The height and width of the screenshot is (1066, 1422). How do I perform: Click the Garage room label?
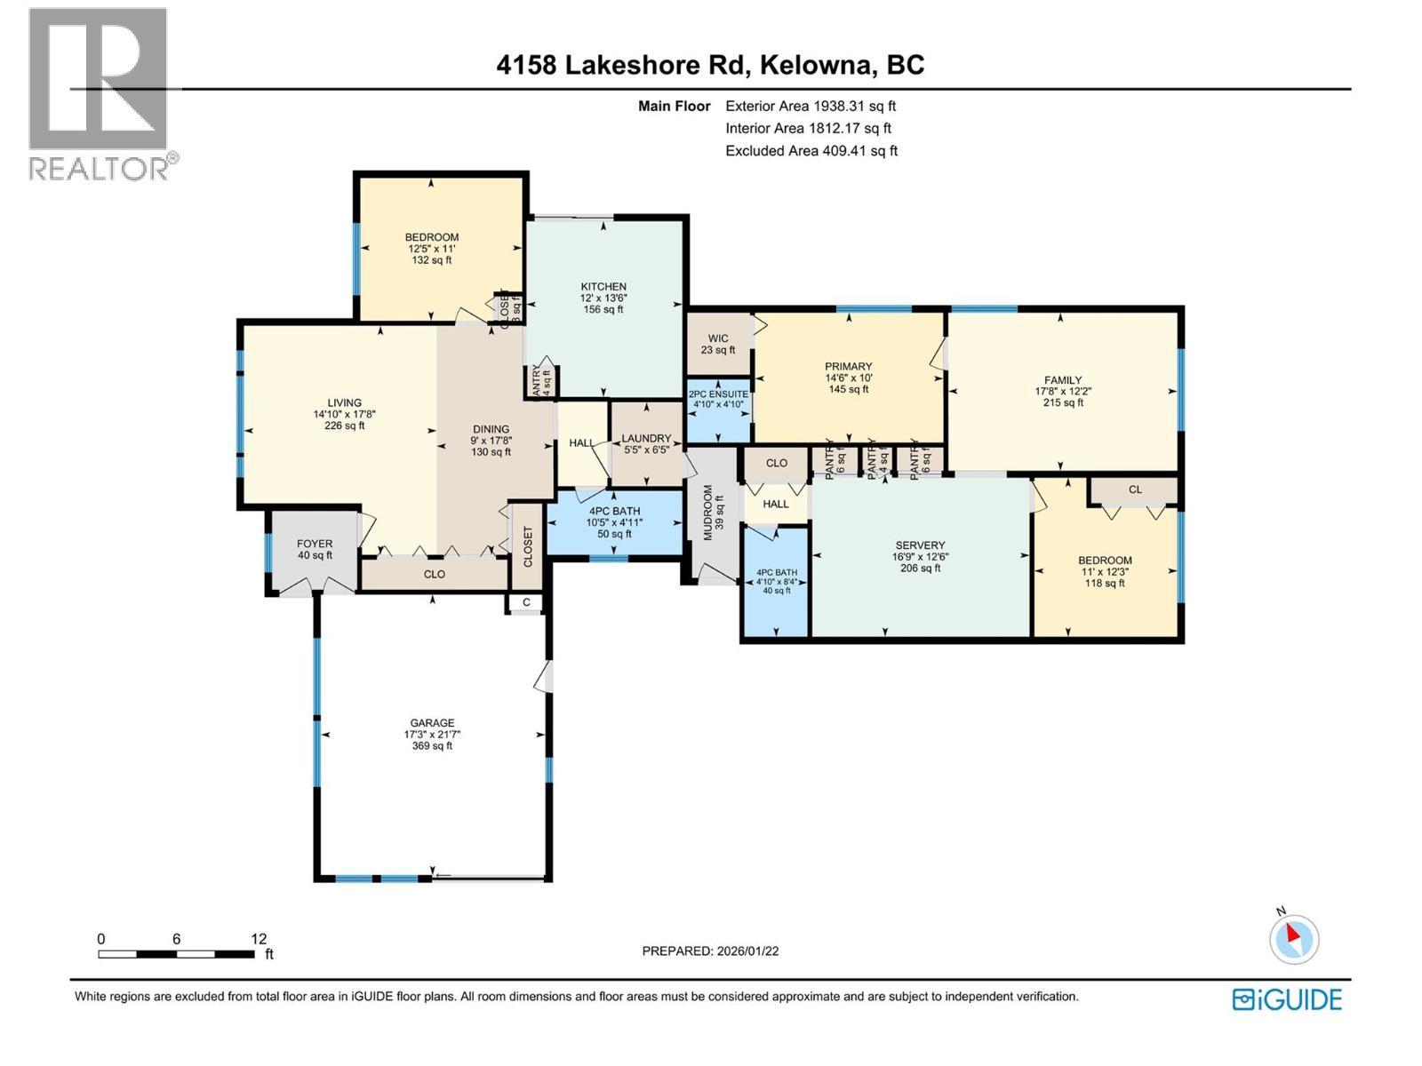pyautogui.click(x=432, y=723)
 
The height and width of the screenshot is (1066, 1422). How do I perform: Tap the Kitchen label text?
pyautogui.click(x=603, y=287)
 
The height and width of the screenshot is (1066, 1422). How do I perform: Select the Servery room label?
pyautogui.click(x=920, y=545)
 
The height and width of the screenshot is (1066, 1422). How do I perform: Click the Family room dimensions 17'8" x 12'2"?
pyautogui.click(x=1063, y=392)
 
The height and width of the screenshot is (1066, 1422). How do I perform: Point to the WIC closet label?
pyautogui.click(x=718, y=338)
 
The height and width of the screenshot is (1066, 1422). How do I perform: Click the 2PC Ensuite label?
pyautogui.click(x=718, y=394)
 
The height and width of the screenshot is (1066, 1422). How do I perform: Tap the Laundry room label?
pyautogui.click(x=645, y=438)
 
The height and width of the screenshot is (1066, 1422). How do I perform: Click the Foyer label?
pyautogui.click(x=315, y=544)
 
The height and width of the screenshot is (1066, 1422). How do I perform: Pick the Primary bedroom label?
pyautogui.click(x=848, y=366)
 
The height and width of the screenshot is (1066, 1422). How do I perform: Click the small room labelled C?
pyautogui.click(x=526, y=602)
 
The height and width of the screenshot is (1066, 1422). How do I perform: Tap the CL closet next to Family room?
pyautogui.click(x=1135, y=489)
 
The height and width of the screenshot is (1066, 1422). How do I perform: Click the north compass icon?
pyautogui.click(x=1293, y=939)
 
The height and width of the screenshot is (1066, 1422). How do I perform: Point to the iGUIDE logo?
pyautogui.click(x=1287, y=999)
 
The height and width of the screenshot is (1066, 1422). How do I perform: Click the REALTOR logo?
pyautogui.click(x=99, y=93)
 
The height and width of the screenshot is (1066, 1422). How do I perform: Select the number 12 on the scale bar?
pyautogui.click(x=259, y=939)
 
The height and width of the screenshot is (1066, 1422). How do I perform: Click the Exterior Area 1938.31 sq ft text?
pyautogui.click(x=811, y=106)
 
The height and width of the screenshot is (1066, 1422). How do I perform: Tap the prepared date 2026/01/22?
pyautogui.click(x=747, y=951)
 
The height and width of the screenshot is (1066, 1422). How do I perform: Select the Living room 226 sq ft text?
pyautogui.click(x=345, y=426)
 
